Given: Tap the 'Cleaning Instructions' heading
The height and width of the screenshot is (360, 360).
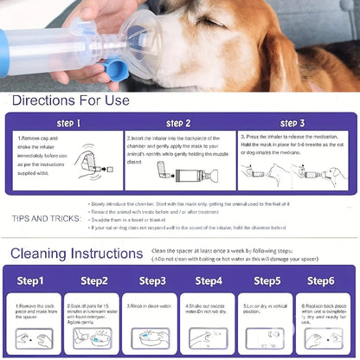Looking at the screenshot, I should click(x=77, y=254).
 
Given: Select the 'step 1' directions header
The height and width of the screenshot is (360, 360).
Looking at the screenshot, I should click(x=67, y=123).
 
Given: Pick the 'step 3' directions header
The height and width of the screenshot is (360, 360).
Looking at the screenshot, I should click(x=291, y=123).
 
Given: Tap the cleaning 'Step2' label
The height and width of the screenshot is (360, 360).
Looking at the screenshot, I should click(x=93, y=280).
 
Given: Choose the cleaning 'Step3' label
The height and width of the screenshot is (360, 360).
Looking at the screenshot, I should click(x=152, y=280).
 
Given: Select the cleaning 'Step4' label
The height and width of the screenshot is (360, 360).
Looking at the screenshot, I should click(x=209, y=280).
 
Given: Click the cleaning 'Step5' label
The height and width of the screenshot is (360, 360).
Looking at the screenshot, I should click(x=265, y=280).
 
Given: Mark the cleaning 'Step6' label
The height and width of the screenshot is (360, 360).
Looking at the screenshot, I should click(x=321, y=280).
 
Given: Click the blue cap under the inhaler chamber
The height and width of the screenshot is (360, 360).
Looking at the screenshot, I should click(x=114, y=69).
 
